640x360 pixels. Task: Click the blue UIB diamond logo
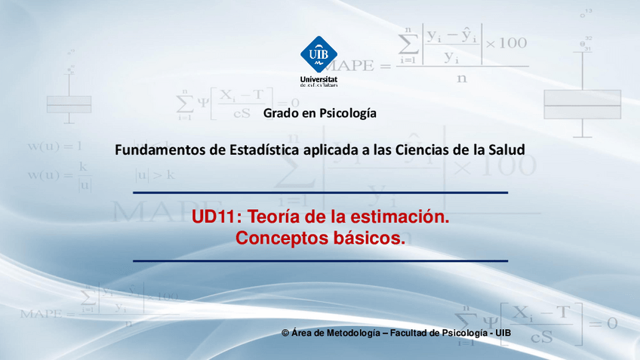(x=319, y=54)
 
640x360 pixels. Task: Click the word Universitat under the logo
(x=318, y=78)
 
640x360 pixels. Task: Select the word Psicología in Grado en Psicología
(x=348, y=113)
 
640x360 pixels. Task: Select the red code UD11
(x=214, y=218)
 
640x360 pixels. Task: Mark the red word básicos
(x=371, y=238)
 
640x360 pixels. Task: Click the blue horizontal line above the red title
(x=320, y=193)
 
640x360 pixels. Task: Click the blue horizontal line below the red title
(x=320, y=260)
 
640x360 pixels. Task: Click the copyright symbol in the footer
(x=285, y=333)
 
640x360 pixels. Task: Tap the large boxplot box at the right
(x=582, y=104)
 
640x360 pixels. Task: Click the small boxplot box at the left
(x=69, y=103)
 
